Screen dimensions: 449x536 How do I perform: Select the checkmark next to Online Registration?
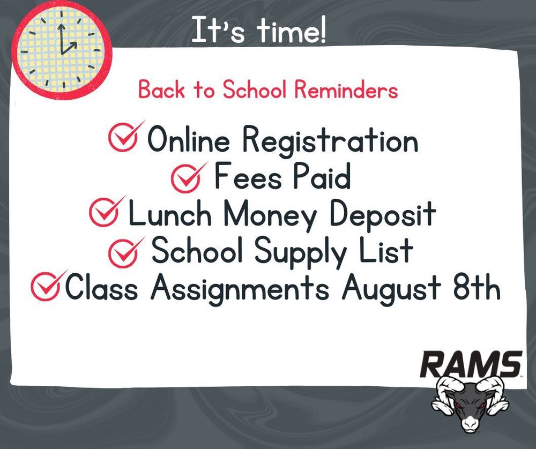point(125,137)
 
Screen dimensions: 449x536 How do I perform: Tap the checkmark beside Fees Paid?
point(188,177)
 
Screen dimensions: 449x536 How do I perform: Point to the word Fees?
point(244,178)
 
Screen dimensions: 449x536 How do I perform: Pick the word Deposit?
point(383,216)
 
